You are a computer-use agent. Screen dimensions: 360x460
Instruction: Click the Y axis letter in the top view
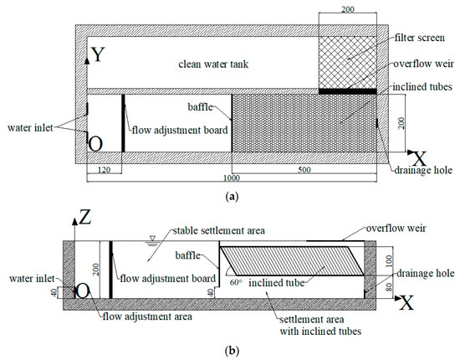tap(99, 55)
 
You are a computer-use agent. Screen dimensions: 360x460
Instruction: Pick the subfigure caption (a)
tap(230, 194)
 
